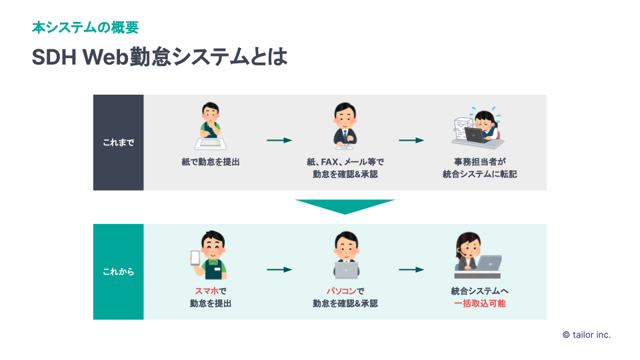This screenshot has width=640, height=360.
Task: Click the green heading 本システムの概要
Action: [x=85, y=28]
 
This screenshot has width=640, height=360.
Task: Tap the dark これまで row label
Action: [x=118, y=143]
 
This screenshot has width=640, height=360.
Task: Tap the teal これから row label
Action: [x=118, y=272]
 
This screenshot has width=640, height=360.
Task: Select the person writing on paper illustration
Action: [x=211, y=127]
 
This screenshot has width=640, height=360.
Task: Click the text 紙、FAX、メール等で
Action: [x=345, y=162]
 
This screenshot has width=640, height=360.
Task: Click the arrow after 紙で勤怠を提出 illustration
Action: [x=279, y=140]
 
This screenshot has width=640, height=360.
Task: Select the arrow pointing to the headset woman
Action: [x=411, y=269]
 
